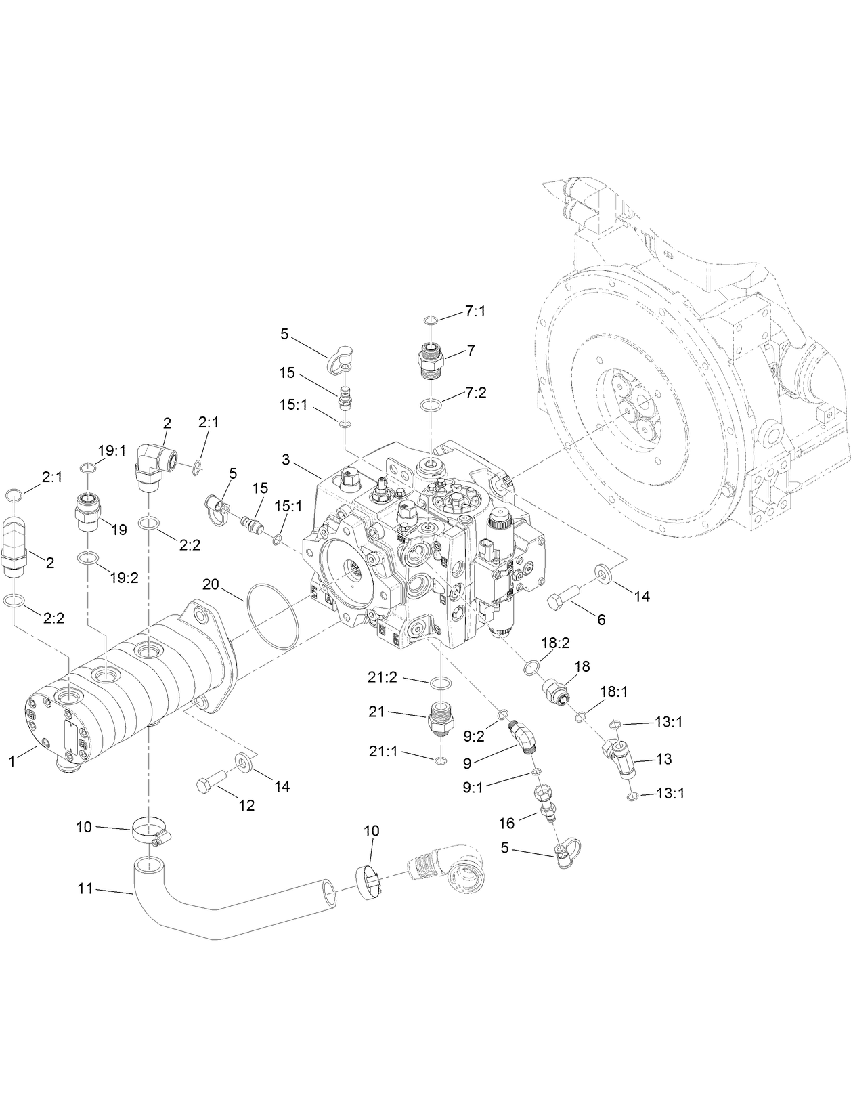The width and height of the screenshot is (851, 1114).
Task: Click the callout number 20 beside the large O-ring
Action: (x=211, y=584)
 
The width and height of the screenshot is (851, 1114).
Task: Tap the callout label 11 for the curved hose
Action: (x=85, y=888)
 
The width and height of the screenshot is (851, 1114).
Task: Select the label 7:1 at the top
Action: (x=475, y=312)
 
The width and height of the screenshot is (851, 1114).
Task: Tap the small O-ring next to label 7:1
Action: (x=431, y=319)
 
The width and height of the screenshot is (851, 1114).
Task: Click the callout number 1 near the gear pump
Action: (x=12, y=761)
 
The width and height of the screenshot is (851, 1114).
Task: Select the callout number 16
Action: (x=507, y=823)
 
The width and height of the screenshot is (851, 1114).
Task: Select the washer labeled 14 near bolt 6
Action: (x=602, y=574)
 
